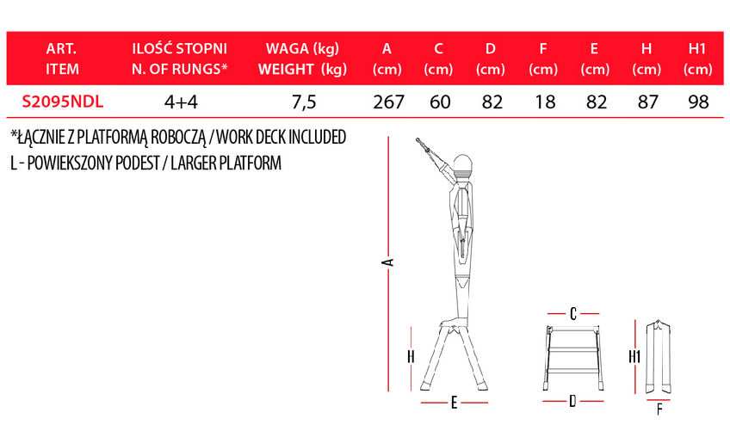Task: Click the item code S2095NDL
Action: point(62,102)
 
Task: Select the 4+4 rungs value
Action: point(181,102)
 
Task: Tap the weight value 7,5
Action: point(304,102)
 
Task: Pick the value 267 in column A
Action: point(388,102)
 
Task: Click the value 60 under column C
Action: point(440,102)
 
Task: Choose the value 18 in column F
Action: point(545,102)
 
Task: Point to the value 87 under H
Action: point(647,102)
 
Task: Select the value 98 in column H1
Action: point(698,102)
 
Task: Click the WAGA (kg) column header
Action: point(303,48)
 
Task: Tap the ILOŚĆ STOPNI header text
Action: point(180,48)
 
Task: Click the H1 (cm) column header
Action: point(697,59)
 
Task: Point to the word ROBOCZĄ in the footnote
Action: point(178,138)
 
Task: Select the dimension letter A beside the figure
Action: point(387,262)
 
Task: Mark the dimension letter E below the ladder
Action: point(454,403)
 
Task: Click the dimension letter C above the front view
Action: point(573,314)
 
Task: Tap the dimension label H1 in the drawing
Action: point(634,357)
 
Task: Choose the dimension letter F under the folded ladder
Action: point(659,410)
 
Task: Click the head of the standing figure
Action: point(462,164)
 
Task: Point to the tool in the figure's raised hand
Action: point(429,150)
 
